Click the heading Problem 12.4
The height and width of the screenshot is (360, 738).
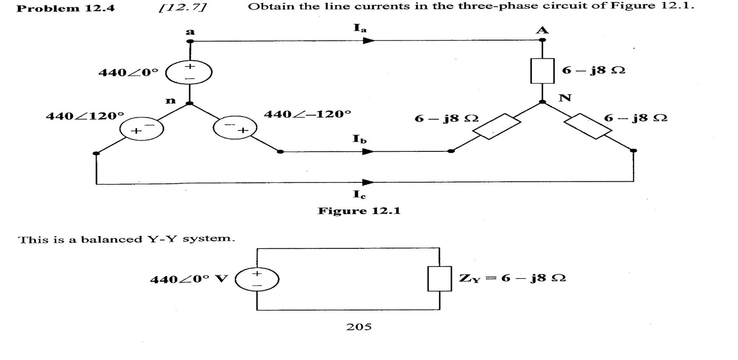[x=65, y=8]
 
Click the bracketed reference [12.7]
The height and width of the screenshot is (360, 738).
[x=182, y=7]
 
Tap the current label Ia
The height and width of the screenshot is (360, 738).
[x=360, y=28]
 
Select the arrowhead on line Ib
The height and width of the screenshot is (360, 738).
[x=368, y=151]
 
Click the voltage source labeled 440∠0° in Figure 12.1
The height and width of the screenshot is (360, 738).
[x=189, y=72]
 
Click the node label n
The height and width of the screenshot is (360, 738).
[x=171, y=100]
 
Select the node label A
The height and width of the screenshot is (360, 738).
[x=542, y=30]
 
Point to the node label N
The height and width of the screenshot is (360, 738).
[x=565, y=97]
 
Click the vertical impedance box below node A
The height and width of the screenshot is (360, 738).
[x=542, y=71]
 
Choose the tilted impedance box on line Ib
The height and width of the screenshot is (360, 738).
[x=497, y=126]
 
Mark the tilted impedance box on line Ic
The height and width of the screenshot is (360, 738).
[x=588, y=126]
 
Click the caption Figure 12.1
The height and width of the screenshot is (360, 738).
[x=359, y=211]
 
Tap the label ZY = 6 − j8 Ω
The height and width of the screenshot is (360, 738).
[x=512, y=278]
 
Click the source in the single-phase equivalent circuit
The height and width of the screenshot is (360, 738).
[x=257, y=280]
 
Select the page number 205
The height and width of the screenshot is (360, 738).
[x=359, y=327]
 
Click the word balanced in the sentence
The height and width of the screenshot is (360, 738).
[x=112, y=239]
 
